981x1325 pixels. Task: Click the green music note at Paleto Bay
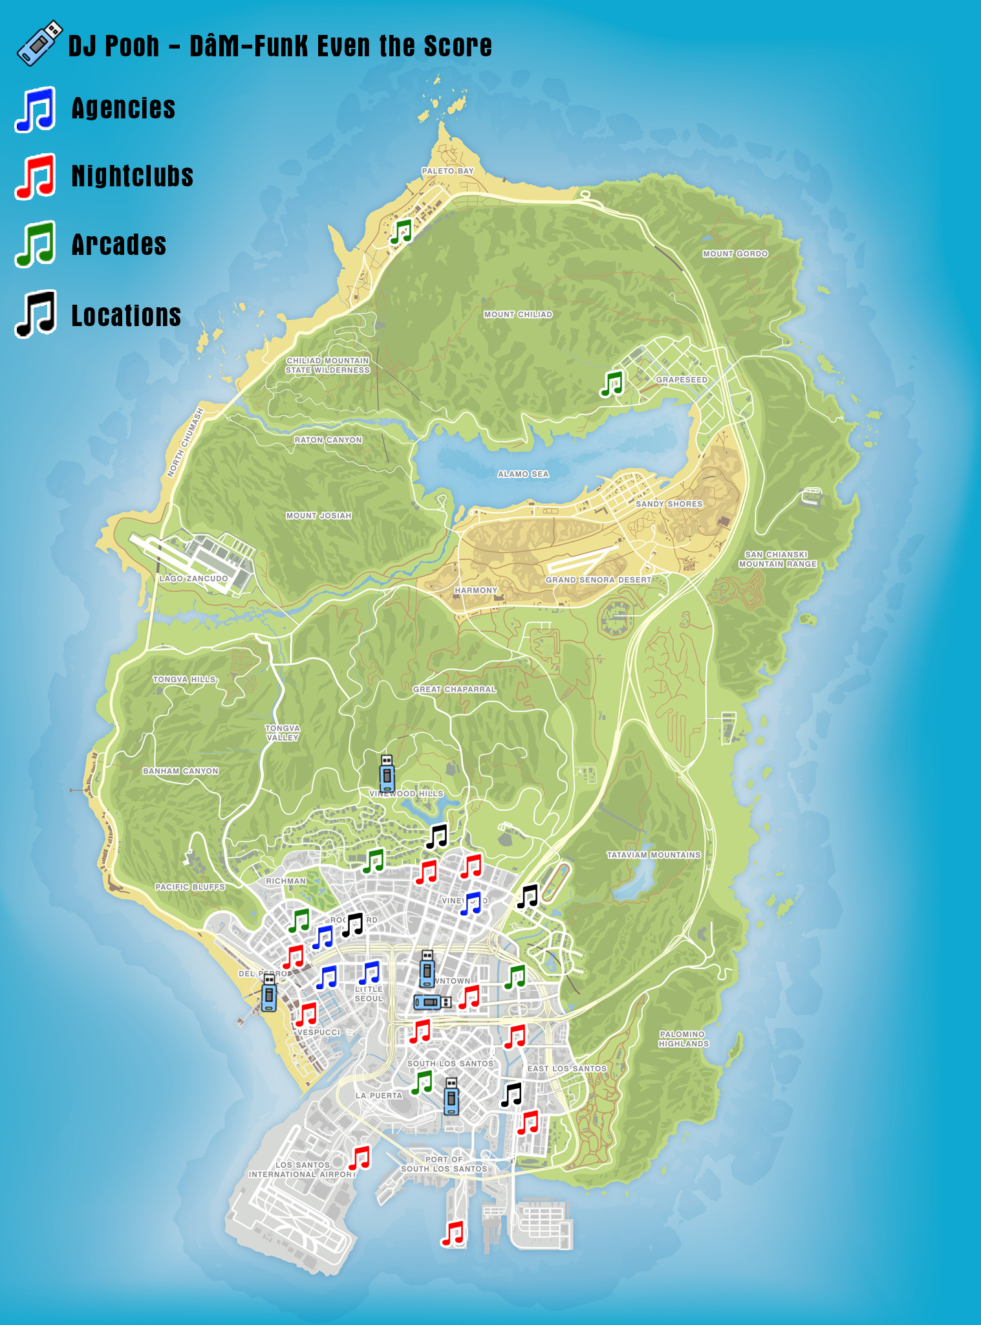(x=401, y=232)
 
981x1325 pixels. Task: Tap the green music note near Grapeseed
(x=611, y=384)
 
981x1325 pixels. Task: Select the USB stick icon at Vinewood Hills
(x=387, y=773)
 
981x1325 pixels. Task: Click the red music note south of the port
(x=453, y=1233)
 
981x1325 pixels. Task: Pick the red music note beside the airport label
(x=360, y=1158)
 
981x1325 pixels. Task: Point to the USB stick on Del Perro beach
(x=269, y=992)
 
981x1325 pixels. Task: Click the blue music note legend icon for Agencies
(x=36, y=109)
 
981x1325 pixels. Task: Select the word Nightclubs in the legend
(x=132, y=176)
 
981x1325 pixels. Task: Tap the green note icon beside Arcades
(x=36, y=244)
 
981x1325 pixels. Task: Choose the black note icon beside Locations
(x=36, y=314)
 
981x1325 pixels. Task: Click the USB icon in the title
(x=39, y=43)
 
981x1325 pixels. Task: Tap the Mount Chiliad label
(x=518, y=314)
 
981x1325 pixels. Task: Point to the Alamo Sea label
(x=523, y=474)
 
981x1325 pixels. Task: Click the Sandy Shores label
(x=669, y=504)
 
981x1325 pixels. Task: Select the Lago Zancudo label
(x=193, y=578)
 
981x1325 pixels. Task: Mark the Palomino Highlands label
(x=684, y=1038)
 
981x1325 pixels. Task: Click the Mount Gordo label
(x=735, y=254)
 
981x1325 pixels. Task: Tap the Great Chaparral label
(x=455, y=689)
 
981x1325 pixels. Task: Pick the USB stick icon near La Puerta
(x=451, y=1096)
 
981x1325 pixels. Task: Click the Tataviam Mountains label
(x=653, y=855)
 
